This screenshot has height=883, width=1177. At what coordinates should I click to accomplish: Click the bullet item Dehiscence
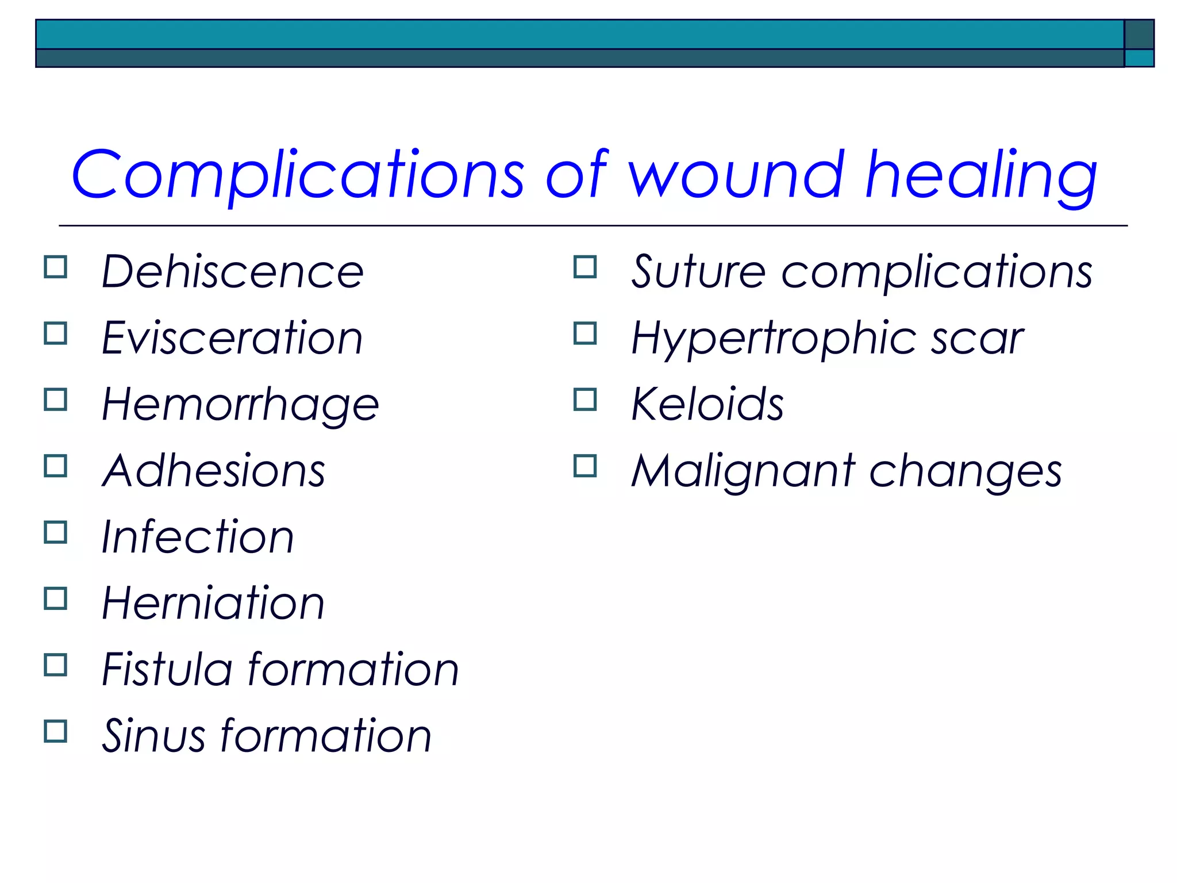233,271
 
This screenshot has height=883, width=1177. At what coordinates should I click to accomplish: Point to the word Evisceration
232,338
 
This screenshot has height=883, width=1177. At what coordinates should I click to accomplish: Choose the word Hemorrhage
240,405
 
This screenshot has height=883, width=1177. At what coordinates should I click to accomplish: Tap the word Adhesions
214,471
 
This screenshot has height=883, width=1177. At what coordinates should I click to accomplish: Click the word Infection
198,537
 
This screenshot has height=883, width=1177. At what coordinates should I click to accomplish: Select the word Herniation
213,603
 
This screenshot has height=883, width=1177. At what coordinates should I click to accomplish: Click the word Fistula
167,670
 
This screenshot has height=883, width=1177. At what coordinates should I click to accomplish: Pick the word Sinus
153,736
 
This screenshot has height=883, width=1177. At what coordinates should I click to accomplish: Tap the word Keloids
707,405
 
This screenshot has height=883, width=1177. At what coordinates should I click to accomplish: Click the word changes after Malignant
965,471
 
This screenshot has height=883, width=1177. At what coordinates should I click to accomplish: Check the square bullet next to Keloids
585,400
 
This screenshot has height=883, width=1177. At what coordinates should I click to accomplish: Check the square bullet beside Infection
56,532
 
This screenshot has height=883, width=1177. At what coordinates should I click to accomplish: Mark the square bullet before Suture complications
585,267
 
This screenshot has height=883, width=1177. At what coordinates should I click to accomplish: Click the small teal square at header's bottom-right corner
1138,58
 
